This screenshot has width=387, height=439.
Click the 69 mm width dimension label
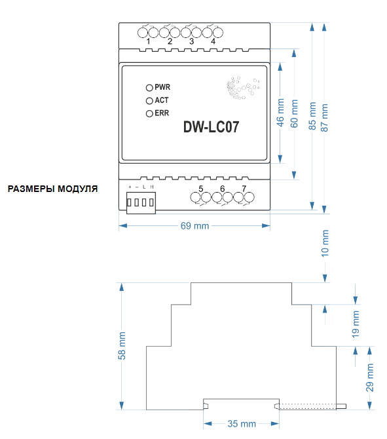(x=194, y=225)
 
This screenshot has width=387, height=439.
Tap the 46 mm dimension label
(x=280, y=113)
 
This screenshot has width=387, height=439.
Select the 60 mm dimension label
(x=294, y=113)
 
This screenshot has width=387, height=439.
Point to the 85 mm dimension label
(x=312, y=116)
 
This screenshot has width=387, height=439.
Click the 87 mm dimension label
(x=324, y=117)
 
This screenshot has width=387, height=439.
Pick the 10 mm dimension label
(x=325, y=243)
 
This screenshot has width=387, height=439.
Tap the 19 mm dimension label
(x=356, y=324)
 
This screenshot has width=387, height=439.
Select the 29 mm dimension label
(x=370, y=377)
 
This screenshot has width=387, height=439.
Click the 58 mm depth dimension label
(x=122, y=345)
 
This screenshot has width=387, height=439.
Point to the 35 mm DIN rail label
(x=242, y=423)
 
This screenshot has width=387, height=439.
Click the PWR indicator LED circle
(x=149, y=88)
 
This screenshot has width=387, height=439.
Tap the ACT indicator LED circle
(x=149, y=101)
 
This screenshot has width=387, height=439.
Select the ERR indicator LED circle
(x=149, y=113)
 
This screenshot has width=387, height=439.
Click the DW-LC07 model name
(x=212, y=127)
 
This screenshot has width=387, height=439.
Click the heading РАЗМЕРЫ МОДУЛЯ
(x=52, y=189)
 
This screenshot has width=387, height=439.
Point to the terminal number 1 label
(x=148, y=41)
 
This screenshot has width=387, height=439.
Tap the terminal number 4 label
(x=213, y=41)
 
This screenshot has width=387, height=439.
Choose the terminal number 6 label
(x=223, y=189)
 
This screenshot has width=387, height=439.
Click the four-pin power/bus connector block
(x=141, y=202)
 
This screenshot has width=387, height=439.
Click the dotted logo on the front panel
(x=242, y=88)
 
